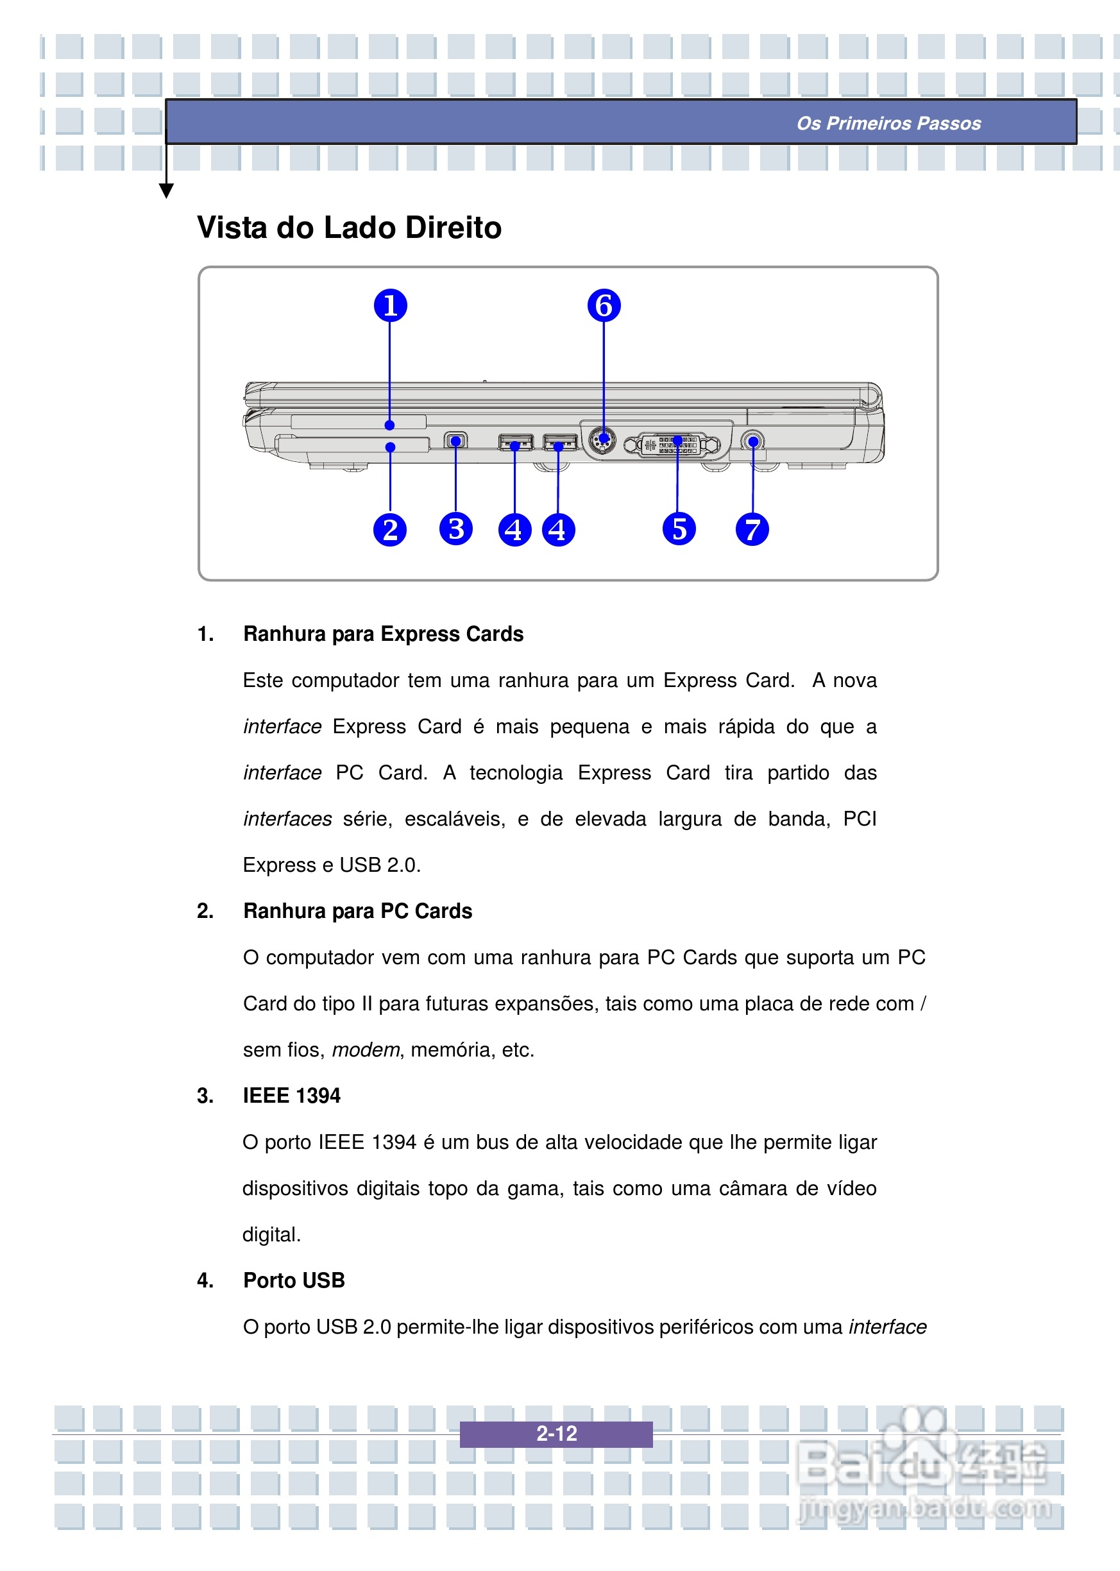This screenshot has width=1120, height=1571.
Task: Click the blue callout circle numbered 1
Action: pos(391,305)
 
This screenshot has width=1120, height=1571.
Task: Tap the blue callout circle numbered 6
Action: pos(604,305)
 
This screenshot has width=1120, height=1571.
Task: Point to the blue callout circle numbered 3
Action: pos(456,529)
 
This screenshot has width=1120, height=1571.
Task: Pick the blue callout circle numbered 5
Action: pos(679,529)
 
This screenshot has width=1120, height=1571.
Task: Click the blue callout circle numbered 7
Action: pos(752,530)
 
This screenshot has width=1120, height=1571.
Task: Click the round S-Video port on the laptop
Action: pos(604,439)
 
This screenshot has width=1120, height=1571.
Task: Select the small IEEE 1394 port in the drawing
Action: pos(455,440)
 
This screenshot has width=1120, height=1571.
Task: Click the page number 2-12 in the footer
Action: pos(557,1434)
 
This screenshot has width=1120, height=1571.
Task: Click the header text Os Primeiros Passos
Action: pos(888,123)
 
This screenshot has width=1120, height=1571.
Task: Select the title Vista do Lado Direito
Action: pos(349,228)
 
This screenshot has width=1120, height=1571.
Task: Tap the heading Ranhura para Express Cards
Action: pos(383,634)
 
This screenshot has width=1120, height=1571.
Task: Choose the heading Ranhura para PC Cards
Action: pos(357,911)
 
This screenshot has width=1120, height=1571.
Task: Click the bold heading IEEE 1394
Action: pos(291,1096)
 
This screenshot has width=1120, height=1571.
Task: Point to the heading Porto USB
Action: pos(294,1280)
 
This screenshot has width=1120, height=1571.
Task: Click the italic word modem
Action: pos(366,1049)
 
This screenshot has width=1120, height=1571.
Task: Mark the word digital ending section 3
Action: pos(271,1234)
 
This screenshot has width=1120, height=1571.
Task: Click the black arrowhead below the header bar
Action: pos(166,191)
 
